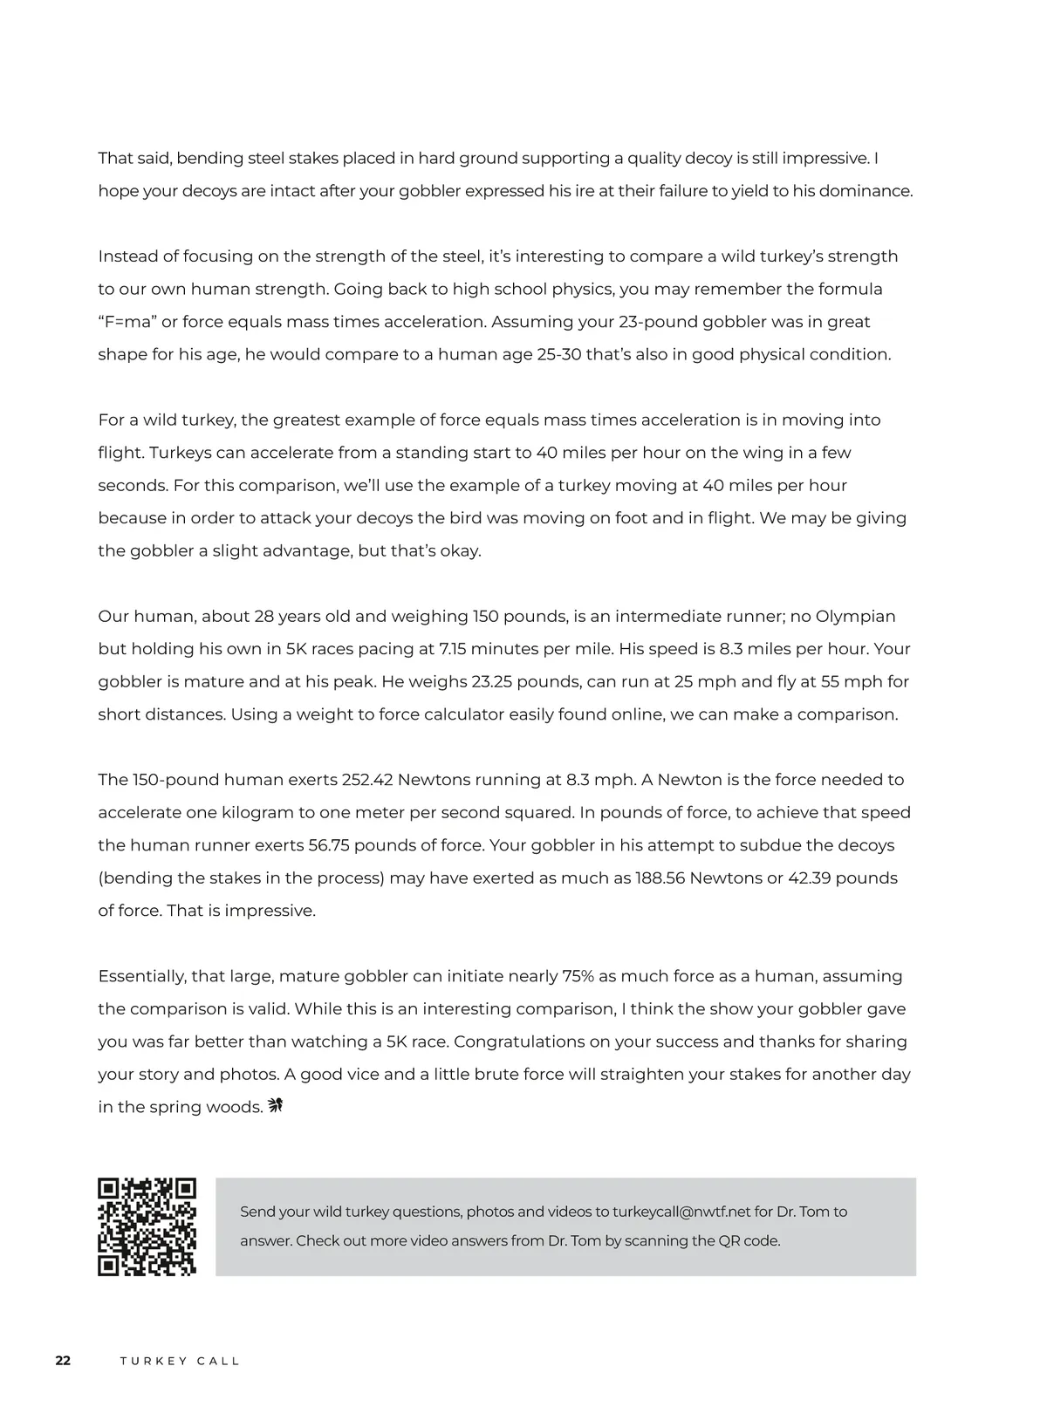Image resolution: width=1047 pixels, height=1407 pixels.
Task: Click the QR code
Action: pos(147,1226)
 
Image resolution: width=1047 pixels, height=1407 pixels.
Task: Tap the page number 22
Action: pos(63,1361)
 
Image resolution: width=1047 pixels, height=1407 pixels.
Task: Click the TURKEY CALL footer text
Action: pos(180,1362)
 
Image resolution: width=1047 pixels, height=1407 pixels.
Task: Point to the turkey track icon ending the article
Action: pos(277,1106)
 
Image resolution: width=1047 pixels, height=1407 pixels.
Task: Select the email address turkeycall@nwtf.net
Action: pos(681,1212)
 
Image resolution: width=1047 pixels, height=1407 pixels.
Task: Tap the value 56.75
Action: pos(329,845)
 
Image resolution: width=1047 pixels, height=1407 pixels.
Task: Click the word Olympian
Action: pos(855,617)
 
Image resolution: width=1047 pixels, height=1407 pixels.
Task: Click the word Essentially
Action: pos(147,976)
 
